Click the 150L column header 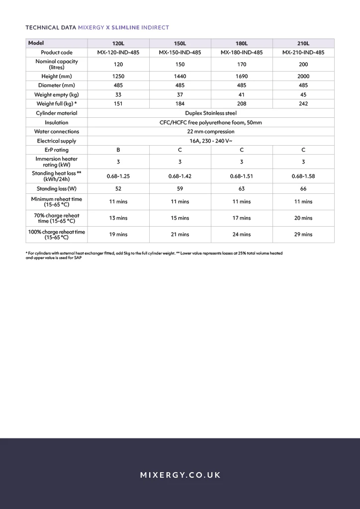(x=180, y=43)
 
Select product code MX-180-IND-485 (x=242, y=52)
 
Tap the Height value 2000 (x=303, y=77)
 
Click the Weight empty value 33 (x=118, y=94)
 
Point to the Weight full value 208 (x=242, y=104)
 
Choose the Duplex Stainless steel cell (x=211, y=113)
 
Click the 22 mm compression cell (x=211, y=132)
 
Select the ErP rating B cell (x=118, y=150)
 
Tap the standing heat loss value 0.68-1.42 (x=180, y=176)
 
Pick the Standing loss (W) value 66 (x=303, y=189)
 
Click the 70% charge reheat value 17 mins (x=242, y=218)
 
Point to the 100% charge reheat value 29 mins (x=303, y=235)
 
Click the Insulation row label (x=57, y=122)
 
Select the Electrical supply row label (x=57, y=141)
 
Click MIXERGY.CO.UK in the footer (x=180, y=475)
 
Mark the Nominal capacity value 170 (x=242, y=65)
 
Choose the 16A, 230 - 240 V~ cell (x=211, y=141)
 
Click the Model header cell (x=36, y=43)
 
